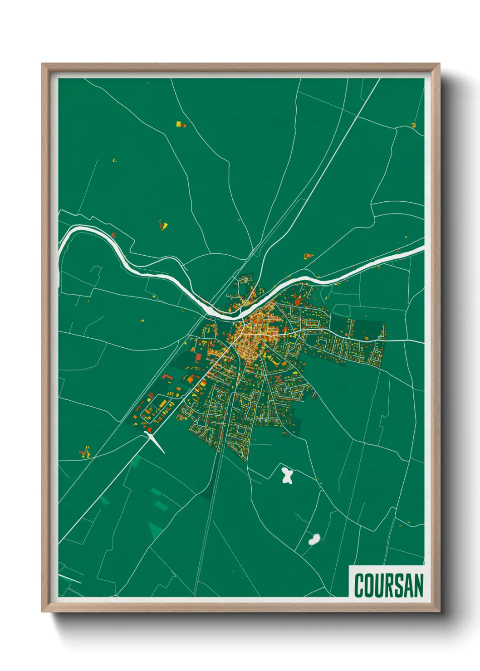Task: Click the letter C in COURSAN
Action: (360, 586)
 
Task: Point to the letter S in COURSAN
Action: (395, 586)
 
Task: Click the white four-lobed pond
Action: (287, 476)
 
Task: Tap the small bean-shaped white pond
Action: (314, 539)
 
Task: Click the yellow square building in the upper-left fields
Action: (179, 123)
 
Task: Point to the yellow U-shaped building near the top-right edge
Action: (413, 125)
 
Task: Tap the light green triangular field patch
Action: (155, 530)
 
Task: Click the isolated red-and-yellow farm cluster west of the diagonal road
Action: (84, 452)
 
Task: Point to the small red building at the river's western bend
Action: (114, 235)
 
